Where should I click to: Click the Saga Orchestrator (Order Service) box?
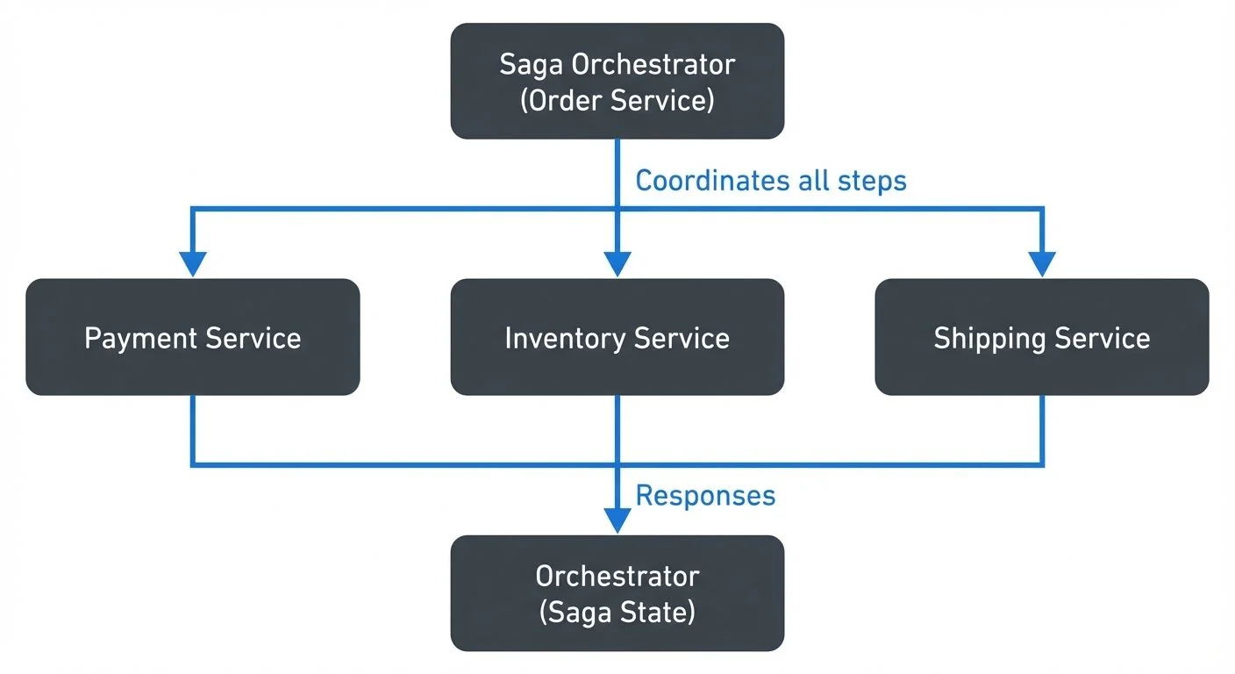point(617,81)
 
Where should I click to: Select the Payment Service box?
point(192,337)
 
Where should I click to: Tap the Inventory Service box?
point(617,337)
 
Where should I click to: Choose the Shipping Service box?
point(1041,337)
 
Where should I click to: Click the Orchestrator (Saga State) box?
point(617,593)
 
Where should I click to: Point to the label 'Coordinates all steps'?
point(770,181)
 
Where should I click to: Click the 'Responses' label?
point(705,496)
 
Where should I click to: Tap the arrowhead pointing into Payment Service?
point(192,263)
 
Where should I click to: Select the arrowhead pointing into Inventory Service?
point(617,263)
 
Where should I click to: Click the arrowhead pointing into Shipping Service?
point(1042,263)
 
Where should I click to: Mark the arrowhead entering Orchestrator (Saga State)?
point(617,520)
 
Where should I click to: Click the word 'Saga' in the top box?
point(532,64)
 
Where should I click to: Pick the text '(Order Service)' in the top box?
point(617,100)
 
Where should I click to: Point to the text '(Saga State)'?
point(617,612)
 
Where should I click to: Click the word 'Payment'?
point(140,338)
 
